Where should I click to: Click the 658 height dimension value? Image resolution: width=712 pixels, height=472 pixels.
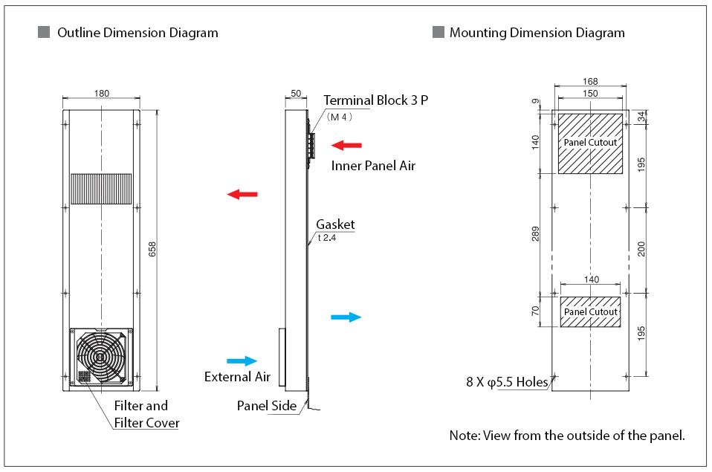pyautogui.click(x=152, y=250)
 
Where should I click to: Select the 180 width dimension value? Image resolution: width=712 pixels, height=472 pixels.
pyautogui.click(x=102, y=94)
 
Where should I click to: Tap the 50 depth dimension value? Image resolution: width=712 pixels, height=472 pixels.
pyautogui.click(x=295, y=94)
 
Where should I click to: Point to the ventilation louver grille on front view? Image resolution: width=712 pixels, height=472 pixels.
pyautogui.click(x=101, y=189)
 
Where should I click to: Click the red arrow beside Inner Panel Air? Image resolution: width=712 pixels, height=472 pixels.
pyautogui.click(x=346, y=144)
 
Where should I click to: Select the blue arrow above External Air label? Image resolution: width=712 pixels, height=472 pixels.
pyautogui.click(x=241, y=361)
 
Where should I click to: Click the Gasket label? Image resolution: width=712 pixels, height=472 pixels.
pyautogui.click(x=335, y=224)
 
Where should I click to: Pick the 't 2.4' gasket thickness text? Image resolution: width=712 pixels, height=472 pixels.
pyautogui.click(x=327, y=238)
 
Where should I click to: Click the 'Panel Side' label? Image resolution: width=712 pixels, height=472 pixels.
pyautogui.click(x=267, y=406)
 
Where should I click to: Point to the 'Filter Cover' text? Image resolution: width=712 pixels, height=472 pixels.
pyautogui.click(x=146, y=424)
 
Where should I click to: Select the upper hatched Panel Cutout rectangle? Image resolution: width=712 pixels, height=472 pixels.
pyautogui.click(x=590, y=143)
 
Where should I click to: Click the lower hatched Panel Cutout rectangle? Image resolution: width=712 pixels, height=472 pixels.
pyautogui.click(x=590, y=311)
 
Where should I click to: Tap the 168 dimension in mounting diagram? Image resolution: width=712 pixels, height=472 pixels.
pyautogui.click(x=590, y=82)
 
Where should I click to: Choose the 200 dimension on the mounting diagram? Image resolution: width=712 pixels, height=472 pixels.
pyautogui.click(x=641, y=248)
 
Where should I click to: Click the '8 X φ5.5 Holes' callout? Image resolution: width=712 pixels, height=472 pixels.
pyautogui.click(x=507, y=382)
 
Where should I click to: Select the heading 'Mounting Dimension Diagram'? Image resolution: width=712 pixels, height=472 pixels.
pyautogui.click(x=537, y=33)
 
